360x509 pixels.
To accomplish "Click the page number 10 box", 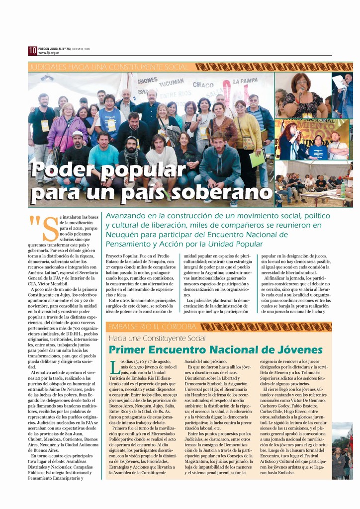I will [32, 50].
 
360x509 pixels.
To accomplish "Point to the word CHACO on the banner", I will [203, 85].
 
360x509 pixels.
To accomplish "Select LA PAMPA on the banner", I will [245, 81].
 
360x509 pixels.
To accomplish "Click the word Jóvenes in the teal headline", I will [296, 349].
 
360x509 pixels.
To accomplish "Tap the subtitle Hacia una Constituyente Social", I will [157, 339].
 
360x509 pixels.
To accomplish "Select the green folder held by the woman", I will [257, 159].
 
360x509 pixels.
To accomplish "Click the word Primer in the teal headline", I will [133, 349].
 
